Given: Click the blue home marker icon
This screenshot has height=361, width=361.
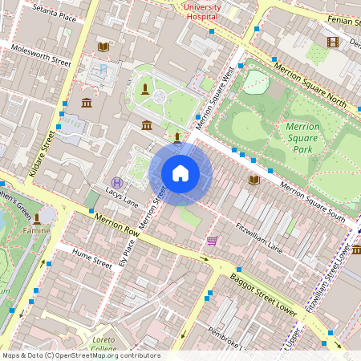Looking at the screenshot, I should point(180,173).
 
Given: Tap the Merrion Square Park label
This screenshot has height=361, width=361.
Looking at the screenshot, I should point(302,138).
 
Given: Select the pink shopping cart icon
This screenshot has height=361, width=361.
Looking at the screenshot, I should point(212,240).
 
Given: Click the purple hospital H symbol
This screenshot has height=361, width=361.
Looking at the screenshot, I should point(118,182).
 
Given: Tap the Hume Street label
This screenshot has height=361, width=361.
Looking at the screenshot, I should point(91,260).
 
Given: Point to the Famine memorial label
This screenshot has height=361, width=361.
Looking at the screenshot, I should point(36,231).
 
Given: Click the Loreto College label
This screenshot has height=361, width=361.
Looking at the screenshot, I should point(103,344).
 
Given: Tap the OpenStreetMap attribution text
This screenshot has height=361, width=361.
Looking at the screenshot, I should point(81,355).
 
